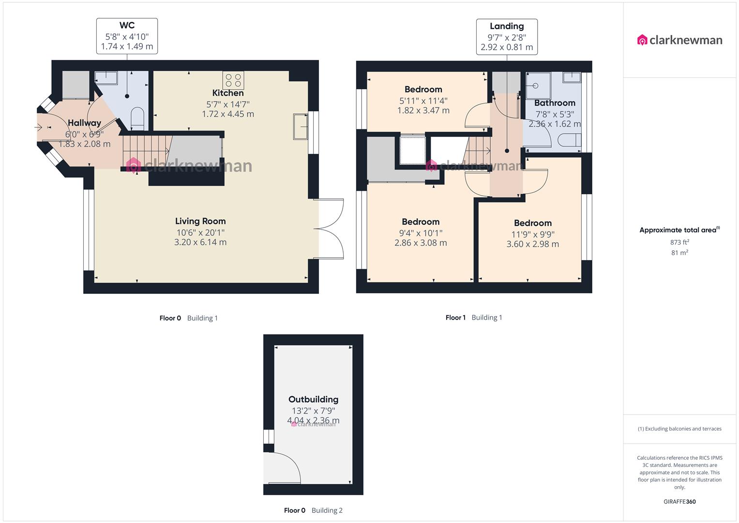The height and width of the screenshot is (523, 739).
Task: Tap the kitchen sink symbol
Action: pyautogui.click(x=300, y=127)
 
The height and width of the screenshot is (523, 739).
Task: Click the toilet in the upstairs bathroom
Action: pyautogui.click(x=569, y=140)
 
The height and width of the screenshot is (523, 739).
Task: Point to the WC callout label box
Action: pyautogui.click(x=127, y=36)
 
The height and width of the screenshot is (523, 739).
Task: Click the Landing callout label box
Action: pyautogui.click(x=507, y=37)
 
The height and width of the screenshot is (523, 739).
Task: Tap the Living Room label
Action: pyautogui.click(x=200, y=221)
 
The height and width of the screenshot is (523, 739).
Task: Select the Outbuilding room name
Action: pyautogui.click(x=313, y=400)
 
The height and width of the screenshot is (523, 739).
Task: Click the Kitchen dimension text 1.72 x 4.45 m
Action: pyautogui.click(x=227, y=114)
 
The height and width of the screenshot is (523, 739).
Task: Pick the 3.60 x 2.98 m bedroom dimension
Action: pyautogui.click(x=532, y=245)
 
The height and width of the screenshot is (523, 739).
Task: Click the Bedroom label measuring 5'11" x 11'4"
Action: pyautogui.click(x=423, y=90)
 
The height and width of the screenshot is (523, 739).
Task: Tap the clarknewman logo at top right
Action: pyautogui.click(x=679, y=40)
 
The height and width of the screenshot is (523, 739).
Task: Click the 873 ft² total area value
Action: pyautogui.click(x=679, y=242)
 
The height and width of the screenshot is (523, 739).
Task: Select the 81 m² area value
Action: pyautogui.click(x=679, y=253)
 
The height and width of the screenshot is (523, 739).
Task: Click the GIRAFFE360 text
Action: pyautogui.click(x=679, y=502)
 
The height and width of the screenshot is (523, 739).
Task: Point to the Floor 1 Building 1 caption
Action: pyautogui.click(x=473, y=318)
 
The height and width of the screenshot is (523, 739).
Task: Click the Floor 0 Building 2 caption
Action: pyautogui.click(x=313, y=510)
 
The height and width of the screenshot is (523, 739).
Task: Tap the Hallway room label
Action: pyautogui.click(x=84, y=123)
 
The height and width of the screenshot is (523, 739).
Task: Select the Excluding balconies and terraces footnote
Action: pyautogui.click(x=679, y=429)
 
